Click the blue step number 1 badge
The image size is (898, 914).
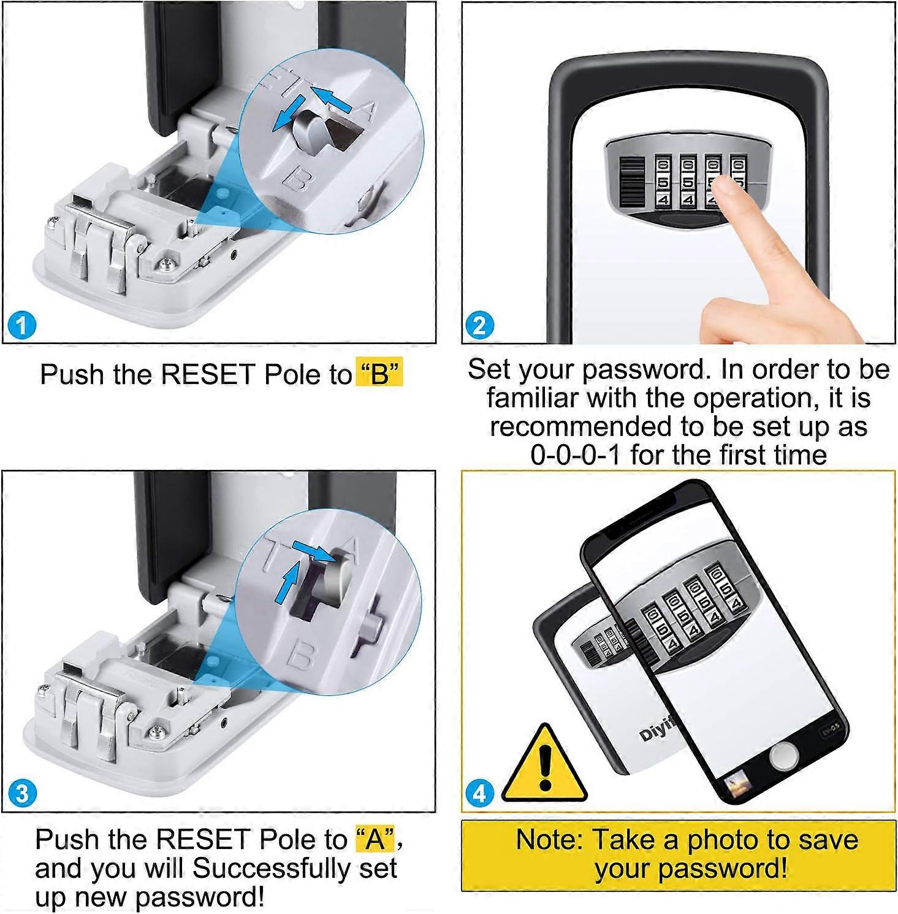tap(21, 325)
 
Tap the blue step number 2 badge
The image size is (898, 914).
tap(479, 325)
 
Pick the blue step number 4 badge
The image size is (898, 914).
tap(479, 793)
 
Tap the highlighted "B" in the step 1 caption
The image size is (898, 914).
tap(379, 374)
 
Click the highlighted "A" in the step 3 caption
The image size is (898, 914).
tap(375, 839)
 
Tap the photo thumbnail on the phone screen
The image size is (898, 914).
tap(739, 786)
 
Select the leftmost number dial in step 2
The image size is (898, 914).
tap(663, 183)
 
